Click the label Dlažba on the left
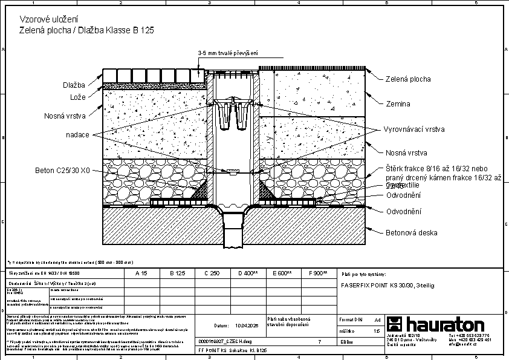click(x=73, y=85)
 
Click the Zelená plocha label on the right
click(x=408, y=79)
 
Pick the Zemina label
click(x=398, y=104)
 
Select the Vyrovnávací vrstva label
click(x=414, y=129)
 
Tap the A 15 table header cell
click(x=141, y=273)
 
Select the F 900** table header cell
click(x=317, y=273)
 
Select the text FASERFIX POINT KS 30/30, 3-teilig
click(x=387, y=284)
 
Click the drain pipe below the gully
click(x=233, y=233)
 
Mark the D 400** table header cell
click(x=248, y=273)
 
